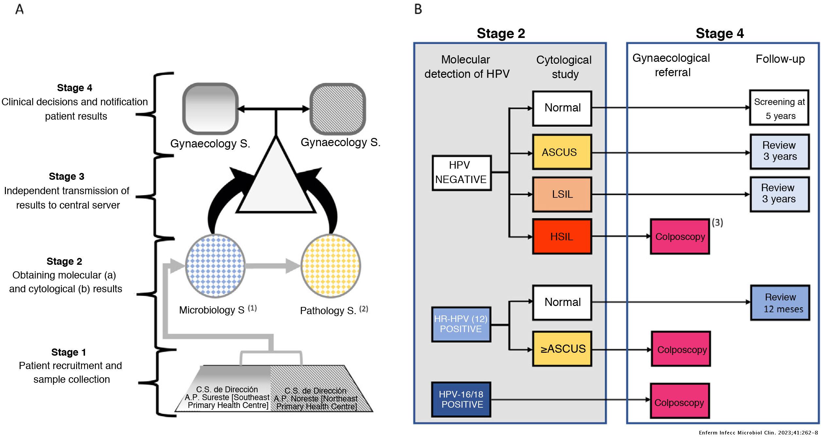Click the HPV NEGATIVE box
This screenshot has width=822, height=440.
tap(461, 173)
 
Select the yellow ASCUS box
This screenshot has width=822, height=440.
tap(562, 152)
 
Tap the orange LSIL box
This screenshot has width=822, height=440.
tap(562, 195)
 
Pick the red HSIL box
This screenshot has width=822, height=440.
tap(562, 236)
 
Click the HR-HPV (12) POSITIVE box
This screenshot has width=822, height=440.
tap(461, 324)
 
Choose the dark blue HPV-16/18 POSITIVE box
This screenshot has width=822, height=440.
tap(461, 399)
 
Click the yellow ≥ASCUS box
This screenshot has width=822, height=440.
tap(562, 349)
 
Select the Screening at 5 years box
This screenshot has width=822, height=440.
tap(779, 108)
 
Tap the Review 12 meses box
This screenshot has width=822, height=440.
tap(780, 303)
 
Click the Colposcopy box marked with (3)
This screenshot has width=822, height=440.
tap(679, 237)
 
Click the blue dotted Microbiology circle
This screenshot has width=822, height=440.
tap(215, 266)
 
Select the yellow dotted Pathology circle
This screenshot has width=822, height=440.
tap(330, 266)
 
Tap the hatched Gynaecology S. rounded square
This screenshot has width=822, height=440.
tap(337, 109)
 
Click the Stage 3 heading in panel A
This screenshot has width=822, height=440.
tap(67, 177)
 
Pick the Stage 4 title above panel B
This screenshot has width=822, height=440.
tap(719, 33)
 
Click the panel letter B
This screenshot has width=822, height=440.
tap(418, 9)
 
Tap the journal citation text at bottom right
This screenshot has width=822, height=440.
tap(758, 433)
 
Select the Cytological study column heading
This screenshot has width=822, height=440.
tap(564, 67)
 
